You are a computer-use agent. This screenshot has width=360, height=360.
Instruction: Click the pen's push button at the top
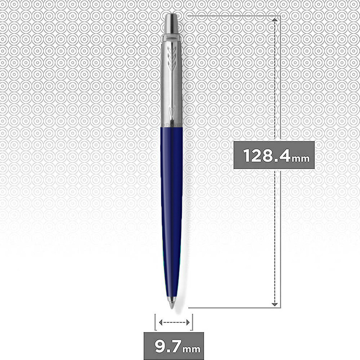click(x=171, y=23)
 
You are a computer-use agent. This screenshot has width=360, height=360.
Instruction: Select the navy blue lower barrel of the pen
click(x=172, y=198)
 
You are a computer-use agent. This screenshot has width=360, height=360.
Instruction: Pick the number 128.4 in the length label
click(x=266, y=156)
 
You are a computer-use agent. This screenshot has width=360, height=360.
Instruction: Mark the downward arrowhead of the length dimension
click(x=275, y=304)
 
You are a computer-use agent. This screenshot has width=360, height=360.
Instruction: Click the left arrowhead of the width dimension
click(x=160, y=323)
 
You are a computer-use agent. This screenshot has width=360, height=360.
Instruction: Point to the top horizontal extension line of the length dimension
click(x=230, y=16)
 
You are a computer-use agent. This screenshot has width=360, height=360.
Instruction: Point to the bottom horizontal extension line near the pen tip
click(x=230, y=308)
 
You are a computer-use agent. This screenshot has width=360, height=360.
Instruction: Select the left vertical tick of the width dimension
click(x=155, y=322)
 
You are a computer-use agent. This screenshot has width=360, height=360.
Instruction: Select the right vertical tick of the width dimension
click(x=193, y=322)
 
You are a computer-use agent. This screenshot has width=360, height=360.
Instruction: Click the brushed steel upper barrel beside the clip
click(x=166, y=83)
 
